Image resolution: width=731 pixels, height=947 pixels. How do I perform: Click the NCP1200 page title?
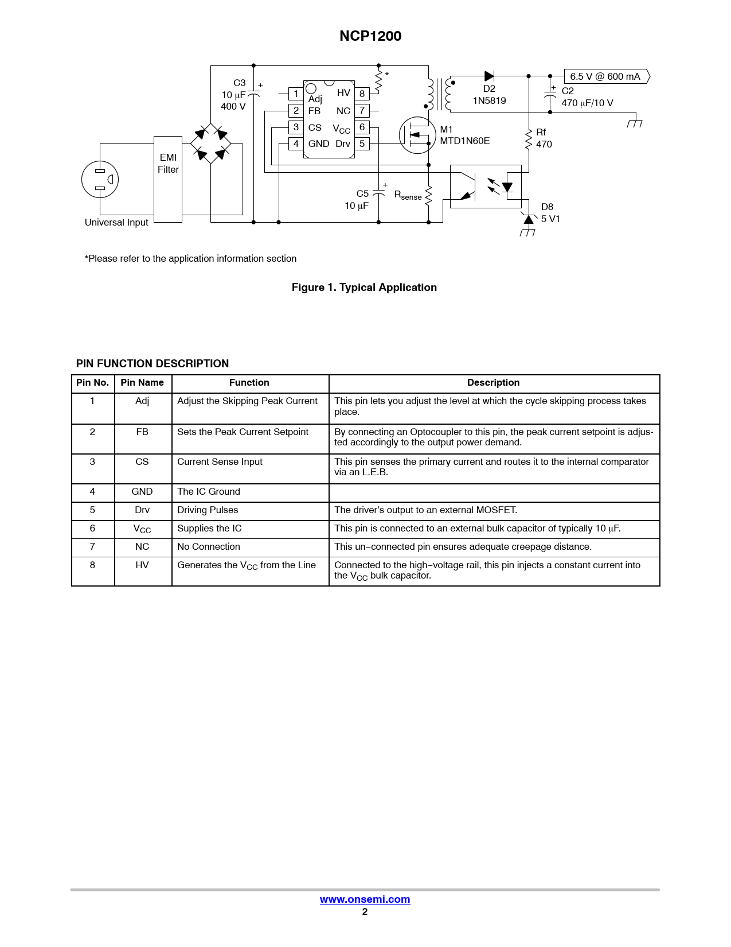(x=370, y=36)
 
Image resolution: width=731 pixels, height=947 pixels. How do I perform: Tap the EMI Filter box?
(x=168, y=179)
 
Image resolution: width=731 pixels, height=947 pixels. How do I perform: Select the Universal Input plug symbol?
(x=100, y=180)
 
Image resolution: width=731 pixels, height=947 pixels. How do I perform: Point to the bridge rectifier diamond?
(x=211, y=143)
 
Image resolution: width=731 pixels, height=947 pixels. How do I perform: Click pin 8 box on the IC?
(x=362, y=94)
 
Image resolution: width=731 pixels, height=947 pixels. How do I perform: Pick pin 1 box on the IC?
(x=296, y=94)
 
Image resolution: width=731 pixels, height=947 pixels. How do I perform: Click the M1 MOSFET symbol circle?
(x=417, y=135)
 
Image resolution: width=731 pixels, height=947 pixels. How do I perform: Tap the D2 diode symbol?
(x=489, y=76)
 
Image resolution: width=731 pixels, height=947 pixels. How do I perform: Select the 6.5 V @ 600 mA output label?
(x=606, y=76)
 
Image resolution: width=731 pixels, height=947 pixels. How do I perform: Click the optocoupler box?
(x=486, y=187)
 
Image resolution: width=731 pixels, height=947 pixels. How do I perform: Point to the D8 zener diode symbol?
(x=529, y=219)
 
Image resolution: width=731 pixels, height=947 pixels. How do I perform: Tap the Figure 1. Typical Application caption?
(x=364, y=288)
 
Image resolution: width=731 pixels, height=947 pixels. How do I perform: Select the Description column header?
(x=493, y=383)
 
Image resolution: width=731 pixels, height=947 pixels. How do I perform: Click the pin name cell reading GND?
(x=142, y=492)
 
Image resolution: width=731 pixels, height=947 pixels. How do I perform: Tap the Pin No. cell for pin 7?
(x=92, y=547)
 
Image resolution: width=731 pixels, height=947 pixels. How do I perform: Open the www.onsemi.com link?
(x=365, y=899)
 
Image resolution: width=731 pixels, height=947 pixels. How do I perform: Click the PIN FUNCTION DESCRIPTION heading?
(x=153, y=364)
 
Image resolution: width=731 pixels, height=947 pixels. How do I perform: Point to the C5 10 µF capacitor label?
(x=357, y=200)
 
